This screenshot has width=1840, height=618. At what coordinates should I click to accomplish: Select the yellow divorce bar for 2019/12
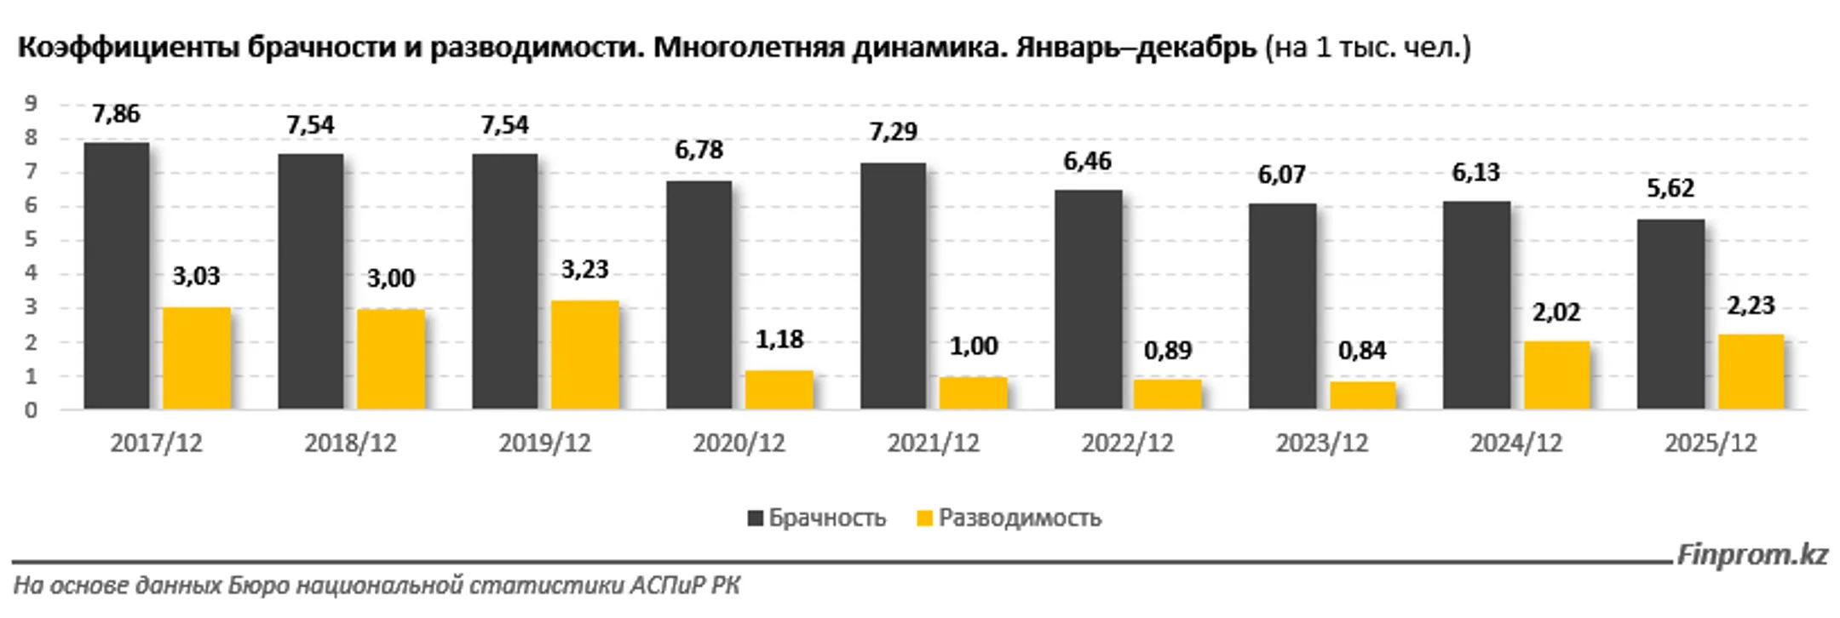(x=584, y=355)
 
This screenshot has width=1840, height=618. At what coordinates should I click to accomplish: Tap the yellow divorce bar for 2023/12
(x=1362, y=396)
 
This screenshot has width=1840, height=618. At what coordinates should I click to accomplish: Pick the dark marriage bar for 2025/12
(x=1670, y=314)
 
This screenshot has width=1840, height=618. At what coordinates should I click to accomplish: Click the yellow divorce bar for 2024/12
(x=1556, y=375)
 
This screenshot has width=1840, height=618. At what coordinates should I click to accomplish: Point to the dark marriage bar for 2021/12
(x=893, y=286)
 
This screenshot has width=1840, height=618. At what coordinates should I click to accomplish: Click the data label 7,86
(x=117, y=114)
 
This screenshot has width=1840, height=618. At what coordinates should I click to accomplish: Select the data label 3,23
(x=584, y=270)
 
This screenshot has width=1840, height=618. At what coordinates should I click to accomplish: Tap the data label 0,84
(x=1362, y=351)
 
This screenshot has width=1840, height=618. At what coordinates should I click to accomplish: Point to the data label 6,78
(x=699, y=151)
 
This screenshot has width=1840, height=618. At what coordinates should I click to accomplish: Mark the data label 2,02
(x=1556, y=312)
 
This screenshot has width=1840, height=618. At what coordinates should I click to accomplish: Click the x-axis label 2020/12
(x=739, y=443)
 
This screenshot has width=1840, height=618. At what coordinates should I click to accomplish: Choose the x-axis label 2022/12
(x=1127, y=443)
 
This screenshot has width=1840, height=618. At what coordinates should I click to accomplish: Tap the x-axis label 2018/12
(x=350, y=443)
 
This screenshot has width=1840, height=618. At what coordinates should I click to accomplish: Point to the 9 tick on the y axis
(x=32, y=104)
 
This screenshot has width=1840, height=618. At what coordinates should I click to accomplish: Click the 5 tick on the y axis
(x=32, y=240)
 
